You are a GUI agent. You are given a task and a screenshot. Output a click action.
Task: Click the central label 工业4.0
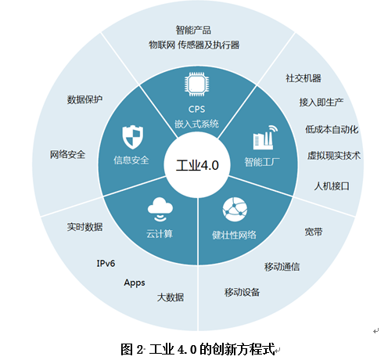[x=197, y=165]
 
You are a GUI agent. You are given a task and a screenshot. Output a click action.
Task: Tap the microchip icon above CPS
[x=197, y=85]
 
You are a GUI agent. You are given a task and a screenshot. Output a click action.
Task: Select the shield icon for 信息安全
[x=133, y=137]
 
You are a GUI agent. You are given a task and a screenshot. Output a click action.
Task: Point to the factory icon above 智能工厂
[x=265, y=137]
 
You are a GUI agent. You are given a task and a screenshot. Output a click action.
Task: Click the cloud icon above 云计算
[x=160, y=210]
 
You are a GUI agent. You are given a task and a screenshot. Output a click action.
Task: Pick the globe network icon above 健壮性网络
[x=235, y=210]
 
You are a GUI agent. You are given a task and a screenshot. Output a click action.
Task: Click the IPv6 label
[x=106, y=263]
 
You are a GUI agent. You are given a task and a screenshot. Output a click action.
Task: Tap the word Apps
[x=135, y=283]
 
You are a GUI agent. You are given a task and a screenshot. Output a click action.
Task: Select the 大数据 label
[x=171, y=297]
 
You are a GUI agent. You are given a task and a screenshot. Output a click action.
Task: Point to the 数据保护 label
[x=84, y=99]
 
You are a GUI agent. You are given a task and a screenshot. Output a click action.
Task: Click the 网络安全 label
[x=67, y=154]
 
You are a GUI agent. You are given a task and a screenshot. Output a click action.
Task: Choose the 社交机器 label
[x=304, y=78]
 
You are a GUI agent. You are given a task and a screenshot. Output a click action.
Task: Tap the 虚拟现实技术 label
[x=334, y=156]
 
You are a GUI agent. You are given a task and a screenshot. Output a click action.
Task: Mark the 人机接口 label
[x=332, y=186]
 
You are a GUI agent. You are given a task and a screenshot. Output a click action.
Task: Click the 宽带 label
[x=314, y=232]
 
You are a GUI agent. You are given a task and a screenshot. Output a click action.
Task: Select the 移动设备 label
[x=242, y=292]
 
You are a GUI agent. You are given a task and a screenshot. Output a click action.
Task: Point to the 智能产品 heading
[x=193, y=30]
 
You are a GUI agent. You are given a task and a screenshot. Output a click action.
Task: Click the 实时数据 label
[x=84, y=227]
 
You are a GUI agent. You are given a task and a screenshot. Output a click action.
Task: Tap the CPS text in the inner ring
[x=196, y=109]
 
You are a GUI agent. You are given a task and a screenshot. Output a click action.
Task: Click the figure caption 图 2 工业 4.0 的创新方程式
[x=198, y=349]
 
